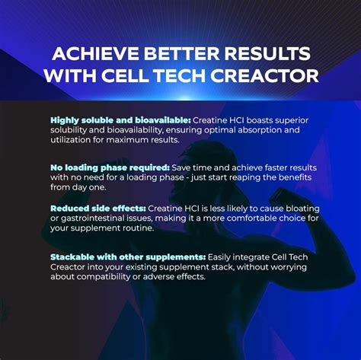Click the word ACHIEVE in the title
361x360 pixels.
coord(87,55)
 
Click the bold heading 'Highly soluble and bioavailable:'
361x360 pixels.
coord(120,120)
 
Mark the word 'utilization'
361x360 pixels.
coord(73,140)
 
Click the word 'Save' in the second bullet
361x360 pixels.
coord(181,167)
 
